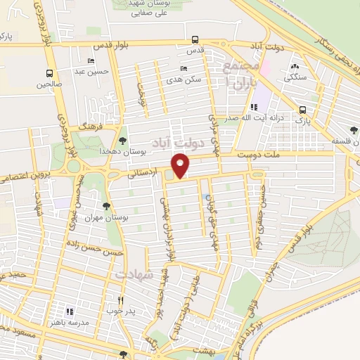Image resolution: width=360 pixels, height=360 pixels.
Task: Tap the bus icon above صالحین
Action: click(50, 73)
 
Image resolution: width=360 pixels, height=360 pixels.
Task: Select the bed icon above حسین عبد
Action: click(91, 61)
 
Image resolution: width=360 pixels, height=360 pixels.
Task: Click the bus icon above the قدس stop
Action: click(195, 41)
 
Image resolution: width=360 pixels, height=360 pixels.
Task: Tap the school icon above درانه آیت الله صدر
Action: click(253, 107)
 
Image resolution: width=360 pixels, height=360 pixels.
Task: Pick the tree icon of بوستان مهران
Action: click(106, 206)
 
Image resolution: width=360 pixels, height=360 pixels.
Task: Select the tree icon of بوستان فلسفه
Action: click(354, 130)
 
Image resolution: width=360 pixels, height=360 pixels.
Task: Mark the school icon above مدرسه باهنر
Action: click(69, 310)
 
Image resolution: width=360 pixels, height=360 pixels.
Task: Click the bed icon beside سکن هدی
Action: click(184, 69)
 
